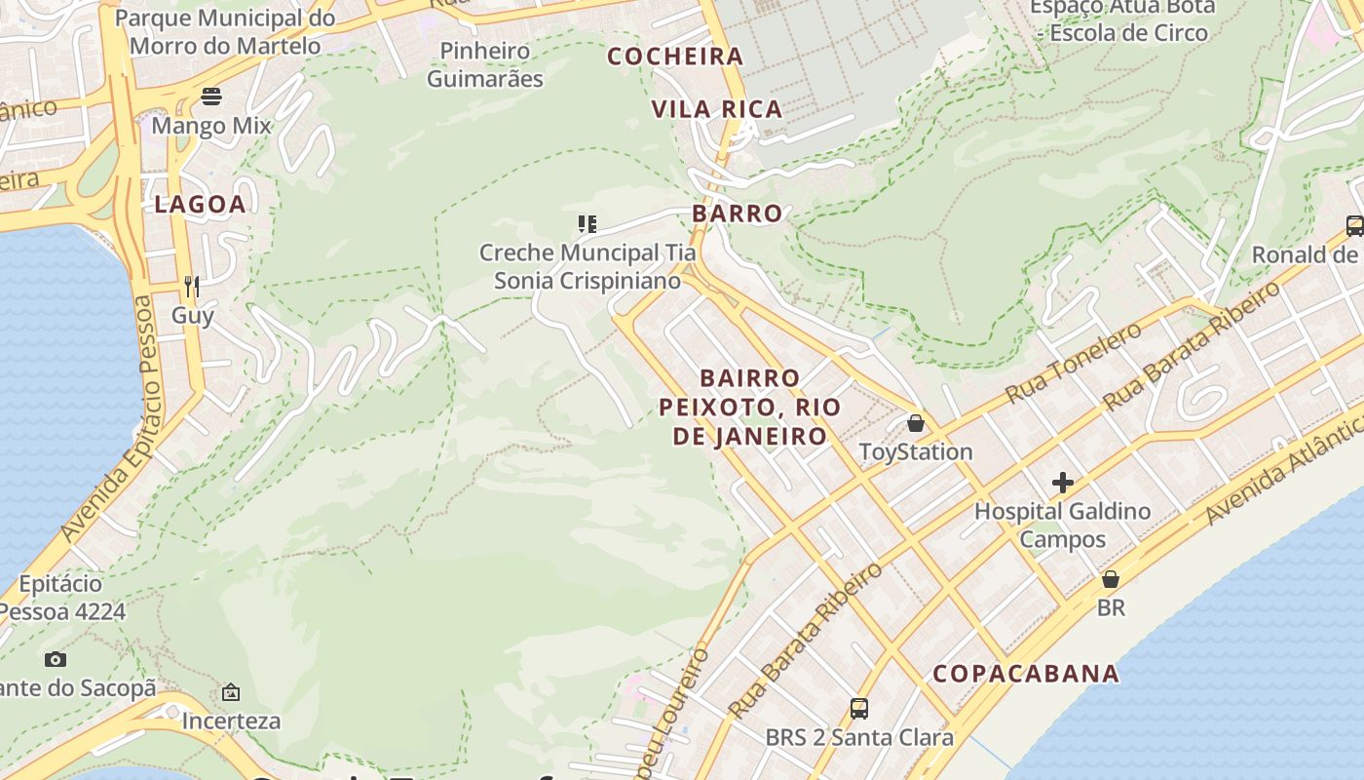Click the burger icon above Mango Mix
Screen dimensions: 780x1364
coord(211,97)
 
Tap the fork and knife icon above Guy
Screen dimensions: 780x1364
coord(192,286)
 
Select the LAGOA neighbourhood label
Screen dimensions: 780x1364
coord(200,205)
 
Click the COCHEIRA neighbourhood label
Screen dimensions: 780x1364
coord(675,57)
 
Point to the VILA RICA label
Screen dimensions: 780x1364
coord(717,109)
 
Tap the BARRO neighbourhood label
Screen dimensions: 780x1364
coord(738,214)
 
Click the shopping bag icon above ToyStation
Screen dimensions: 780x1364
coord(915,423)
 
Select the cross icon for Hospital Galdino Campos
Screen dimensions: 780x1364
coord(1062,483)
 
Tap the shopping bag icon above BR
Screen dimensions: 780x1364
coord(1110,579)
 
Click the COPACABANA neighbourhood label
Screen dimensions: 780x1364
coord(1026,674)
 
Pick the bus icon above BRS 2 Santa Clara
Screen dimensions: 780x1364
coord(858,709)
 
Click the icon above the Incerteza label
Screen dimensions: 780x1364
coord(231,692)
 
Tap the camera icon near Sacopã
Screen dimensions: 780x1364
coord(56,659)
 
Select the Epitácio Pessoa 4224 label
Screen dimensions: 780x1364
coord(62,598)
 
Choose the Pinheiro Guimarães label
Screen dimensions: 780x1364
coord(484,64)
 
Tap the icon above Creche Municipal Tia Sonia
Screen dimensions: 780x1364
coord(587,224)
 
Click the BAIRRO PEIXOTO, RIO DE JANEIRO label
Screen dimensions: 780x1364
coord(750,407)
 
